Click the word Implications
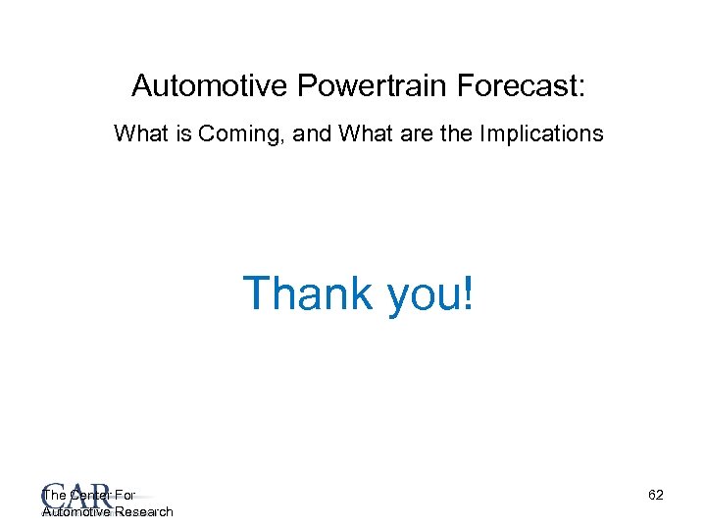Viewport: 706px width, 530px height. coord(541,133)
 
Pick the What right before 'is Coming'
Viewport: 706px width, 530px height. coord(141,133)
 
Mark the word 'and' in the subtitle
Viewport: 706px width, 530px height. coord(313,133)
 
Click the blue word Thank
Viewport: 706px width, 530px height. coord(308,293)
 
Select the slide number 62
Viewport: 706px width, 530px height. coord(656,496)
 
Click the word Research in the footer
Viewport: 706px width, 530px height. coord(144,511)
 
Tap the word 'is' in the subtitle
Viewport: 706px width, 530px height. coord(183,133)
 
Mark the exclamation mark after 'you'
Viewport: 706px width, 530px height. coord(467,293)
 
